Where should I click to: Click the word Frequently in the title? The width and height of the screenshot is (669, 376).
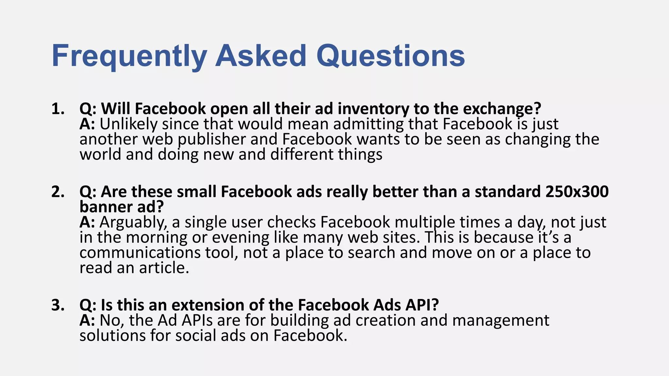[129, 56]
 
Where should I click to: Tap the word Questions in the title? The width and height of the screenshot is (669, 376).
[391, 56]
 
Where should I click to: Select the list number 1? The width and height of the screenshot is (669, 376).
[58, 109]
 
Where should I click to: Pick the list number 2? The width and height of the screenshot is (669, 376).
[58, 192]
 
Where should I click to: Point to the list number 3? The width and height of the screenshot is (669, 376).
[58, 305]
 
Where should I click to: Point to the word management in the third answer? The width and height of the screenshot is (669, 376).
[500, 321]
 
